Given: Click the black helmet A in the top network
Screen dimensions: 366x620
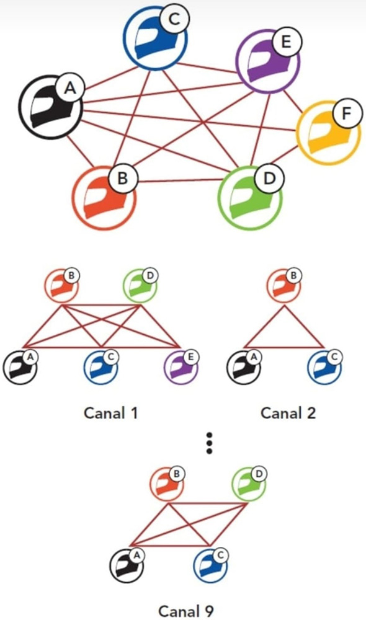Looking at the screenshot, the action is coord(50,107).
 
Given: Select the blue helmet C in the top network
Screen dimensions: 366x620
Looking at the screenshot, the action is coord(155,38).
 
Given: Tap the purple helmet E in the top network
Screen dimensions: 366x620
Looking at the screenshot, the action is coord(268,61).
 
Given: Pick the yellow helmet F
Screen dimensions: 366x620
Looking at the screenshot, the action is coord(328,132).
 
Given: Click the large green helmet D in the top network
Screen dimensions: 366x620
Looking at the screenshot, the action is coord(251,197).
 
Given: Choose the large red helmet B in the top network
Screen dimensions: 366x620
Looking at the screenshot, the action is coord(104,197).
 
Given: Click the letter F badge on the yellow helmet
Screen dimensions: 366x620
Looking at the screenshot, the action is coord(347,114).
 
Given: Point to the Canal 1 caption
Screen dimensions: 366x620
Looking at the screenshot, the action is coord(110,413).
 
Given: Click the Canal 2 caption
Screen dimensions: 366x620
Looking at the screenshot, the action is coord(288,413).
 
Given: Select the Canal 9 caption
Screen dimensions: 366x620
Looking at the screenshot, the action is coord(186,611).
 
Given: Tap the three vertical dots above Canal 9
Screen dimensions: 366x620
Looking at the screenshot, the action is coord(209,443).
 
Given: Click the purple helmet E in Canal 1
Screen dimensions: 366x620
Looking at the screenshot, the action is coord(181,367).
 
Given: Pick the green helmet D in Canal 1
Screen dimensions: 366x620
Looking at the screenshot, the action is coord(140,285).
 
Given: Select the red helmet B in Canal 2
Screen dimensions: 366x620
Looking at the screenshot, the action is coord(284,285).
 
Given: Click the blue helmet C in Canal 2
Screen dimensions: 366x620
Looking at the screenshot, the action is coord(325,367).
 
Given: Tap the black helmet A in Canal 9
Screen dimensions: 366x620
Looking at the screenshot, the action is coord(127,566).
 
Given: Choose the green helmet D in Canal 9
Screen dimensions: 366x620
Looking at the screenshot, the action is coord(249,484).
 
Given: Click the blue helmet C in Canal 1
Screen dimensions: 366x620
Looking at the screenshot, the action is coord(100,367).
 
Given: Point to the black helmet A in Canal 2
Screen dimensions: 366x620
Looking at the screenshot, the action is coord(244,367).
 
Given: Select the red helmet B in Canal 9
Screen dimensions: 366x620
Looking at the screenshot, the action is coord(167,484).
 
